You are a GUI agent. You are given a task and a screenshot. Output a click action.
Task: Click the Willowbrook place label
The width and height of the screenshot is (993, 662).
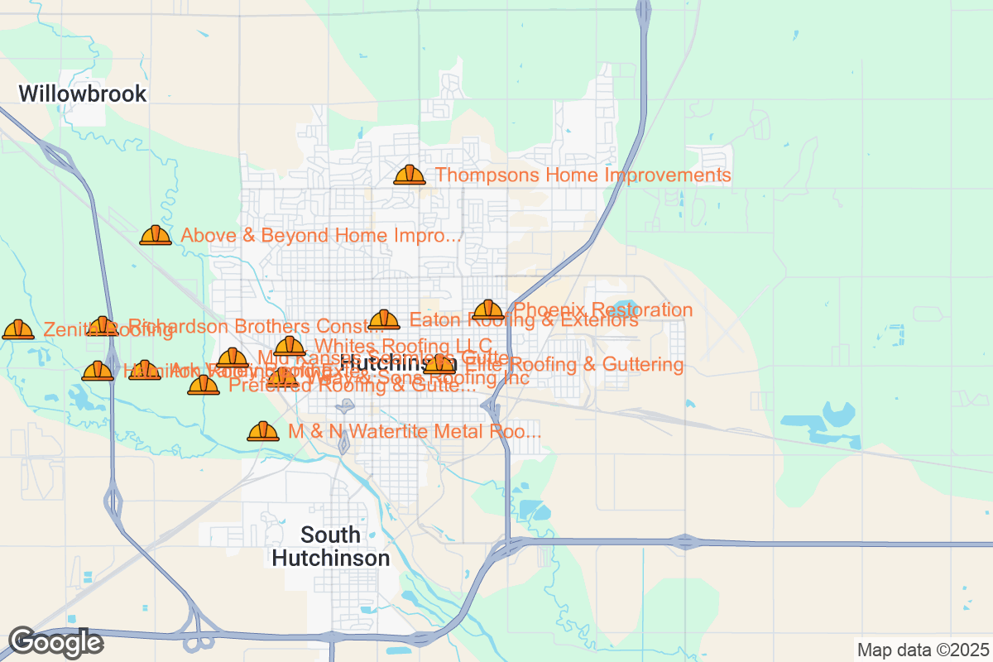(83, 94)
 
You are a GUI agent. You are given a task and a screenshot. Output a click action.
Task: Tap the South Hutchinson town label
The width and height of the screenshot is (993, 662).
(331, 546)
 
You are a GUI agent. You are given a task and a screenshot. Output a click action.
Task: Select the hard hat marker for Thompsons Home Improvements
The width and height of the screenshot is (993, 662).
(409, 175)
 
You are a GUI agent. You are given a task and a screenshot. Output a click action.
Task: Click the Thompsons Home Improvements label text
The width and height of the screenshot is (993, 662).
(583, 175)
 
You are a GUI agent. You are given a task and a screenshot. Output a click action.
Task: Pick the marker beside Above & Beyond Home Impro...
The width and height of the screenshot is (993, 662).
(155, 236)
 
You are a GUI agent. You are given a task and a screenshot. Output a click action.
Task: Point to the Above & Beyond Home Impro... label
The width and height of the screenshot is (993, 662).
(320, 236)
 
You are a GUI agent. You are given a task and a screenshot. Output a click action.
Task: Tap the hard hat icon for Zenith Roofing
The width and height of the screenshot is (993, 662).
(17, 330)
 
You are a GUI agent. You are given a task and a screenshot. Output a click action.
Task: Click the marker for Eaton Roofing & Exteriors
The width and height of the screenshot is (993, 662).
(384, 320)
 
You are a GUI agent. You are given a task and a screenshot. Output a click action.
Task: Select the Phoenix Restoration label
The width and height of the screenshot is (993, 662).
(603, 310)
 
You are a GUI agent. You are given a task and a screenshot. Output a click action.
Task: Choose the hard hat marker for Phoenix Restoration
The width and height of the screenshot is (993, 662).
(488, 310)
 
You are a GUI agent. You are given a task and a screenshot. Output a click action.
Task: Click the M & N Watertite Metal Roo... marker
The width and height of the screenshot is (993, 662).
(263, 431)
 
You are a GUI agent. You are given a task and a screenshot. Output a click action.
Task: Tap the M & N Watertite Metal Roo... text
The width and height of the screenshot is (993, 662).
(415, 431)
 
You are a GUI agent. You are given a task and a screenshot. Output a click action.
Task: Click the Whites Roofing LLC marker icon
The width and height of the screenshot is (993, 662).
(290, 346)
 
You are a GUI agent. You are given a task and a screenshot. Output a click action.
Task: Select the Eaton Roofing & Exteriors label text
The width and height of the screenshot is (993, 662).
(524, 320)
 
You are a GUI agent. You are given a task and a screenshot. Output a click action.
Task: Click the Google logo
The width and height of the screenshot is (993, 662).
(55, 642)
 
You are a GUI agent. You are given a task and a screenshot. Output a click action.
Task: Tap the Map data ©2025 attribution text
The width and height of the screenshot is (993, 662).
(921, 650)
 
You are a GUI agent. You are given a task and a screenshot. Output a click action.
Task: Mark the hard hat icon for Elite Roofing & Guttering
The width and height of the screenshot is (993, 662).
(439, 364)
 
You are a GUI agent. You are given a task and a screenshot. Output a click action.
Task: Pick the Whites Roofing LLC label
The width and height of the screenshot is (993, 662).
(403, 346)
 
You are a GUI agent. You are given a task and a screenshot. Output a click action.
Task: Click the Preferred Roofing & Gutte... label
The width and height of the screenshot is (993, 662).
(352, 385)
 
